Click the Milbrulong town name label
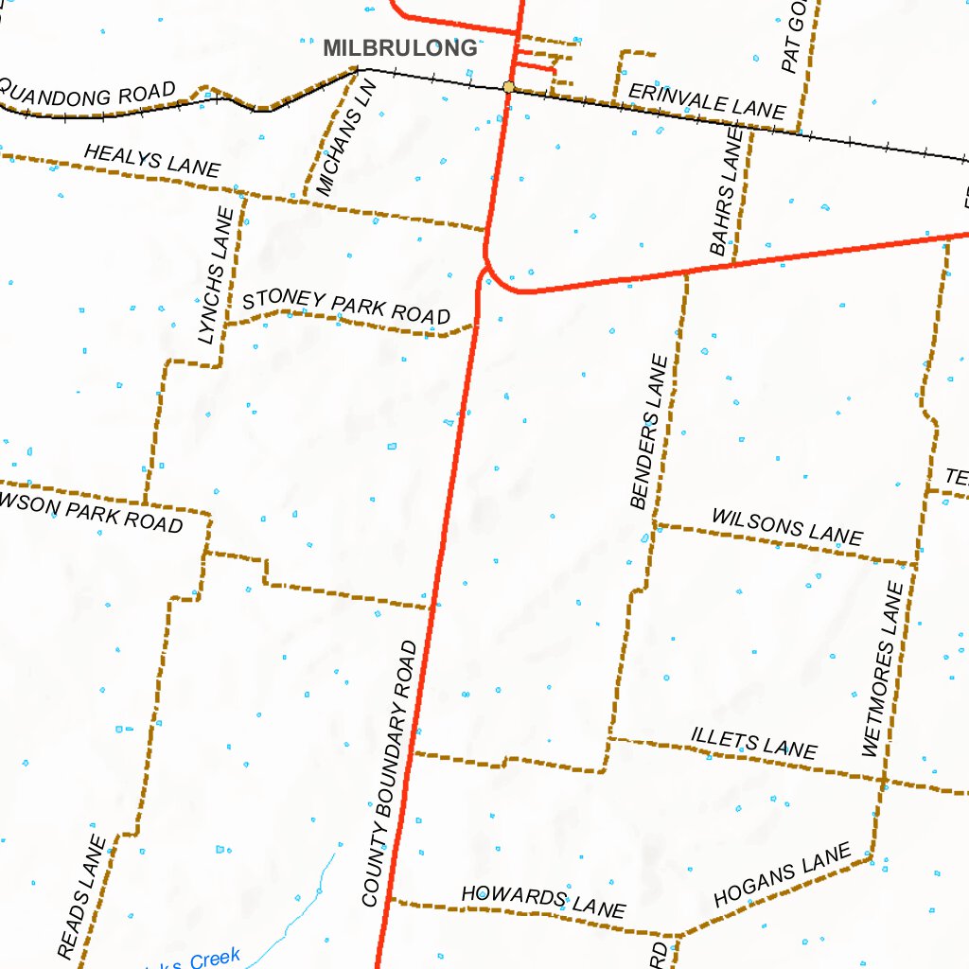pos(399,48)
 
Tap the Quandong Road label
pos(89,96)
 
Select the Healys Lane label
pos(152,161)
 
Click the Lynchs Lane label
pos(216,275)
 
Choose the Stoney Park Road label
pos(346,308)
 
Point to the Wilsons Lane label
pos(787,526)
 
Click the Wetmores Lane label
pos(885,669)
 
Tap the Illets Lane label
pos(754,743)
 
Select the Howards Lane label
pos(543,901)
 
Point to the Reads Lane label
pos(82,895)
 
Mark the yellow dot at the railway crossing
pos(509,87)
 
